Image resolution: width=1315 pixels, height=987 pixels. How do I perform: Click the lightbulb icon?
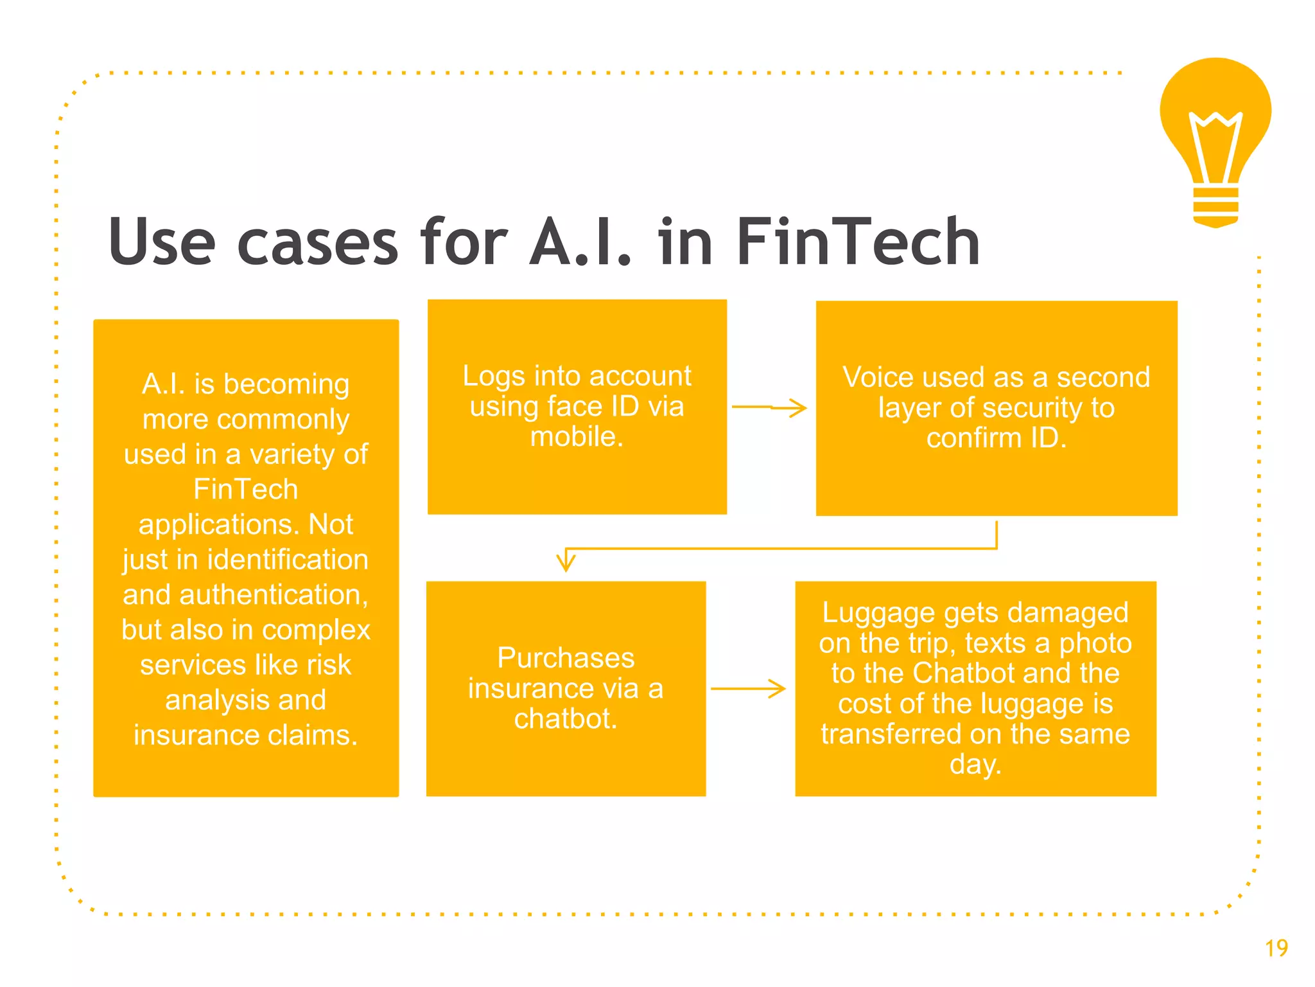tap(1215, 129)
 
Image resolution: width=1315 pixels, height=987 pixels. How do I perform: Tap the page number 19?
tap(1276, 948)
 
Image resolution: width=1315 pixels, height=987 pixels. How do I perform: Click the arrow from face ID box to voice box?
tap(769, 407)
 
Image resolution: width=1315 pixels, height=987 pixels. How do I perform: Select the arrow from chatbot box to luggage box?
tap(748, 689)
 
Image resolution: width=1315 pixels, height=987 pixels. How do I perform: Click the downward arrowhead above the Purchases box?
tap(566, 560)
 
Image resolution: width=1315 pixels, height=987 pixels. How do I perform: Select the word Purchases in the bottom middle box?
tap(566, 658)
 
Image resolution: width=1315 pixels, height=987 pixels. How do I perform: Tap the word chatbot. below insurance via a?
tap(566, 719)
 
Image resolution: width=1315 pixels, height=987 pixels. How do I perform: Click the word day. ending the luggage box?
tap(975, 765)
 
